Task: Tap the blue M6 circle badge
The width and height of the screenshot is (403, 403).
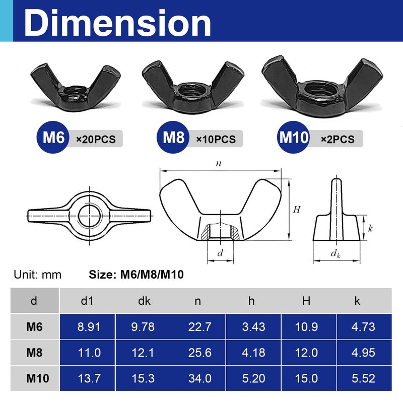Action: click(x=52, y=138)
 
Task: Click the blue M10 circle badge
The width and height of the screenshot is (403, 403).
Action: click(x=293, y=138)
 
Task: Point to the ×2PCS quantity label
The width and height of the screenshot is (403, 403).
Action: click(x=338, y=139)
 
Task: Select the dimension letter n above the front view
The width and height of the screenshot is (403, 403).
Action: click(x=218, y=163)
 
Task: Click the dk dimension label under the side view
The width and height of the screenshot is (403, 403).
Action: click(x=336, y=254)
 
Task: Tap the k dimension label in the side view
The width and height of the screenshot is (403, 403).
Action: click(x=370, y=228)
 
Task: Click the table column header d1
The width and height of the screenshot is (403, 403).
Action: click(x=87, y=301)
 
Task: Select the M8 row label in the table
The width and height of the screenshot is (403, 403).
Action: click(x=34, y=352)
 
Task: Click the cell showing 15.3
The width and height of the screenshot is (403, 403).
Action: click(x=143, y=378)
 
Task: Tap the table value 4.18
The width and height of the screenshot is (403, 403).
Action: click(x=253, y=352)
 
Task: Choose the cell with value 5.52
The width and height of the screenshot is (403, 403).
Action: click(x=363, y=378)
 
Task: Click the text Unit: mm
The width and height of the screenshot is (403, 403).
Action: click(x=37, y=275)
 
